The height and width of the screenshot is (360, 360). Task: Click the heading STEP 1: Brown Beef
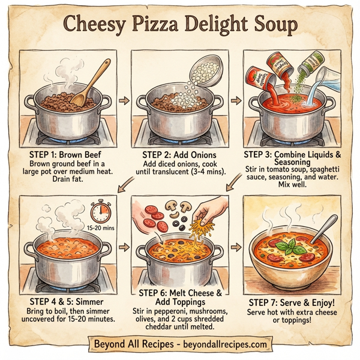coord(67,153)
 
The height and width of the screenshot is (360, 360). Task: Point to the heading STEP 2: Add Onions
coord(179,153)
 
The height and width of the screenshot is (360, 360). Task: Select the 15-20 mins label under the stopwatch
coord(100,229)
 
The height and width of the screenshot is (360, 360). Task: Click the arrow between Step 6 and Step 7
coord(236,247)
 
